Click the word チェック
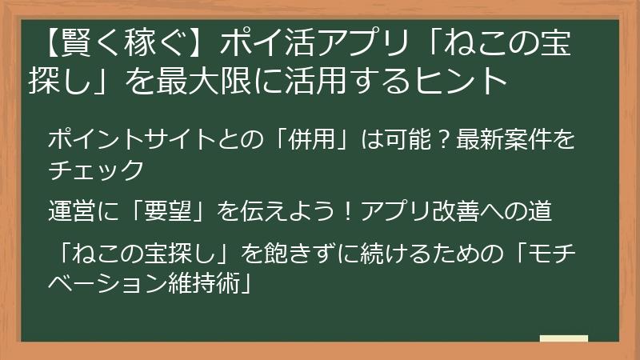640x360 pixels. (96, 170)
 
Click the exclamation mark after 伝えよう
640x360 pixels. (350, 213)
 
